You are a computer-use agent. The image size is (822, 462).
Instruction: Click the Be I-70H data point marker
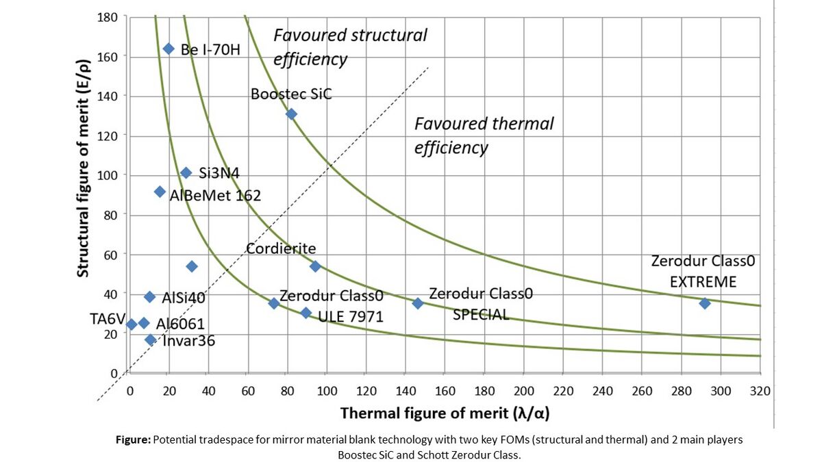(x=169, y=49)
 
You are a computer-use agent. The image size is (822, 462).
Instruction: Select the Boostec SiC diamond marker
(x=291, y=114)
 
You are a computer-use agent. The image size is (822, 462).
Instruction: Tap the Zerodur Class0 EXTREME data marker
(x=704, y=303)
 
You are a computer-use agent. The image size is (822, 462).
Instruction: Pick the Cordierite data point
(x=315, y=266)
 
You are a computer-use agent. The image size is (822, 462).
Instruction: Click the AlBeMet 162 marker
(x=160, y=192)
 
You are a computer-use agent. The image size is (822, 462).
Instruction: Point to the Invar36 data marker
(x=151, y=340)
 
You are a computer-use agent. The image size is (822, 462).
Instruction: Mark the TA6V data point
(x=132, y=324)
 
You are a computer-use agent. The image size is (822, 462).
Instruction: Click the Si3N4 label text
(x=219, y=173)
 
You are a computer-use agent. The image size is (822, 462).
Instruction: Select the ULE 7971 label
(x=351, y=317)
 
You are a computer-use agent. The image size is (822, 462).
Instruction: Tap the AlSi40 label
(x=184, y=298)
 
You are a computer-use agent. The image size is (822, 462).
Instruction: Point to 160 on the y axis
(x=109, y=56)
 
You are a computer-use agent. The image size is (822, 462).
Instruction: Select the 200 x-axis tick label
(x=524, y=391)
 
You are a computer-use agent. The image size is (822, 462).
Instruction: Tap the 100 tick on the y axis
(x=109, y=175)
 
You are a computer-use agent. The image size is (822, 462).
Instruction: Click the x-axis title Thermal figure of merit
(x=445, y=413)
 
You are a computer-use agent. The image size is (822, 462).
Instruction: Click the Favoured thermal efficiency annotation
(x=484, y=136)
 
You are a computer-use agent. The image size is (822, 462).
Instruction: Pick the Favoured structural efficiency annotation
(x=350, y=47)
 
